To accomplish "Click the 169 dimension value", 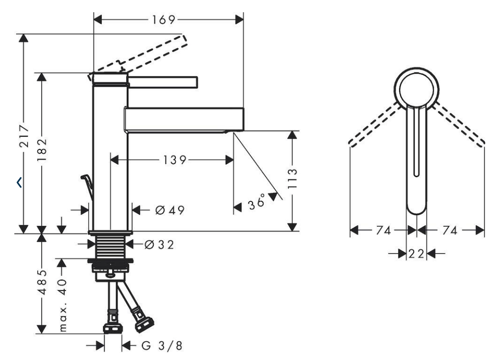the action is click(163, 20).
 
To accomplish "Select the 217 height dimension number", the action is click(24, 137).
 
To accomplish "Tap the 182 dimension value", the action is click(42, 150).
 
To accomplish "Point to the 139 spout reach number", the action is click(174, 160).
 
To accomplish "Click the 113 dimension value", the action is click(292, 178).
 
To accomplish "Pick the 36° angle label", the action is click(257, 202).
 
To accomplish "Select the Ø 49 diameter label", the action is click(170, 210).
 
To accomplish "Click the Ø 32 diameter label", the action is click(159, 244).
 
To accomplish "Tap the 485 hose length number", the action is click(42, 282).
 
